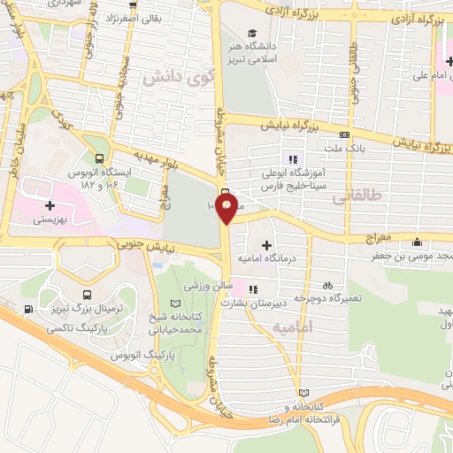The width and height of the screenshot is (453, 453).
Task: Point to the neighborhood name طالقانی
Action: tap(350, 201)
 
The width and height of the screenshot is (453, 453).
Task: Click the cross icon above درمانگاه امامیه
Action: tap(266, 243)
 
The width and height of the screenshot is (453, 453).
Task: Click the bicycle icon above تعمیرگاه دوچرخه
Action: tap(328, 285)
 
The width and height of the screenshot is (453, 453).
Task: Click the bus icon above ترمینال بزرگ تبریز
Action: tap(87, 296)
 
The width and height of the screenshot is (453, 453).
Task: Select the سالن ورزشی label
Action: tap(207, 288)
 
